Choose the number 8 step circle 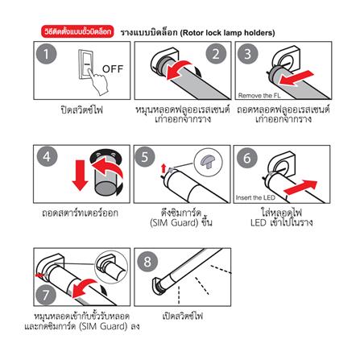[147, 262]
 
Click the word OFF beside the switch [113, 68]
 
